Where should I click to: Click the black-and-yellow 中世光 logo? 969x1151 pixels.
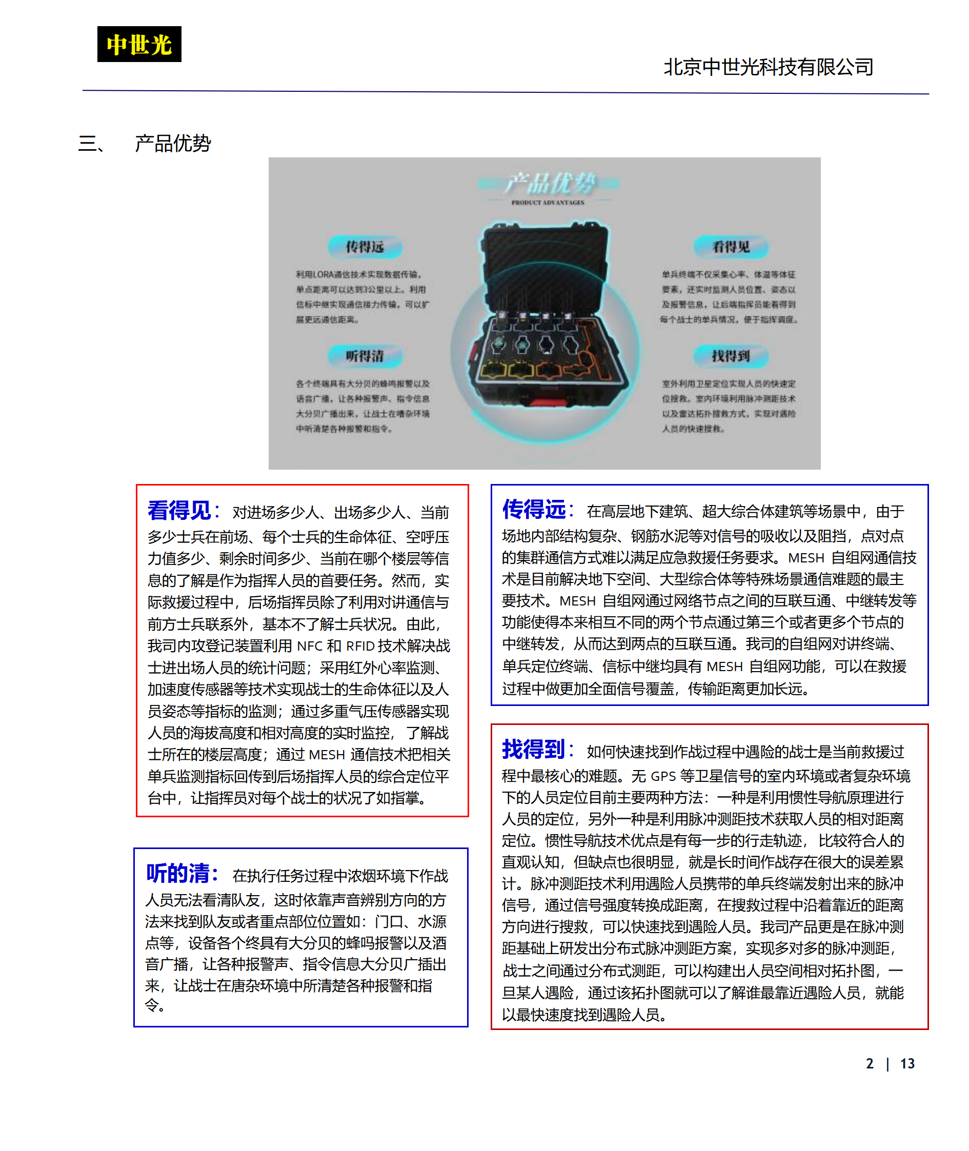139,44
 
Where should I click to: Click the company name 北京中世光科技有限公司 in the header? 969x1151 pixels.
768,67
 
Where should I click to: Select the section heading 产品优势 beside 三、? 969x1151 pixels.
172,144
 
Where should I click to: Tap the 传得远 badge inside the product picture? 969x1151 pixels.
364,247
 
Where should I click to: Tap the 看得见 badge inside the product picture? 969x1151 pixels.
731,247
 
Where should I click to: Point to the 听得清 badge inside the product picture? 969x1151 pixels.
364,356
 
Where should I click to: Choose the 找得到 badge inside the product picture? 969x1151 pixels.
731,356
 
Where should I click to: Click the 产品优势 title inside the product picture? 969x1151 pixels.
549,183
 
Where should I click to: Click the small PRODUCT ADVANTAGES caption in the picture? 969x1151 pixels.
548,203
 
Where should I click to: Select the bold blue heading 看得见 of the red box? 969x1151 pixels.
179,511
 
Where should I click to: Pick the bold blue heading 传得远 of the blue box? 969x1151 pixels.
534,509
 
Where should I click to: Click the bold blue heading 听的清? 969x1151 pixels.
178,873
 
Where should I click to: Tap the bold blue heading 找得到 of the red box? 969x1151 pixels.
533,749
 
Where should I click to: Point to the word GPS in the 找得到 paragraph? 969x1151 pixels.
662,776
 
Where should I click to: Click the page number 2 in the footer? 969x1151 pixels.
870,1064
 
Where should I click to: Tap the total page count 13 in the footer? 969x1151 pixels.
907,1064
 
